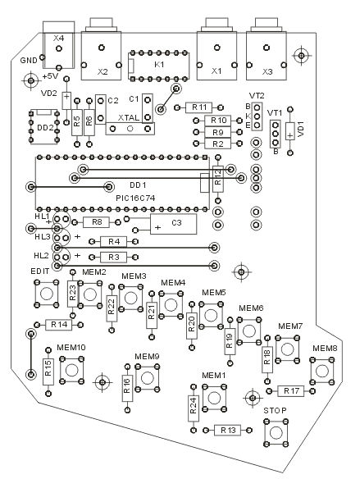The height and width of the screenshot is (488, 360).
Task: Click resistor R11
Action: pyautogui.click(x=198, y=107)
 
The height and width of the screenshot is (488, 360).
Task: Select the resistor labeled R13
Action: pyautogui.click(x=227, y=431)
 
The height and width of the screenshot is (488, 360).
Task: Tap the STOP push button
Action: pyautogui.click(x=276, y=432)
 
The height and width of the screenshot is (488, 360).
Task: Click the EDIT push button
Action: pyautogui.click(x=47, y=293)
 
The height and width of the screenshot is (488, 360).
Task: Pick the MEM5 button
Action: pyautogui.click(x=211, y=315)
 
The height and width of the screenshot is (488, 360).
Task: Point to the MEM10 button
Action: pyautogui.click(x=71, y=371)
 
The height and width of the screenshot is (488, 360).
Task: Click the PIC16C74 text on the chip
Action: pyautogui.click(x=135, y=198)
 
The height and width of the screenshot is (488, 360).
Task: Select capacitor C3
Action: pyautogui.click(x=173, y=224)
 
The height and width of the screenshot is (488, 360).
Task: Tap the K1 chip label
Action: pyautogui.click(x=159, y=65)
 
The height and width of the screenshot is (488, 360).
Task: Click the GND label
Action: pyautogui.click(x=29, y=61)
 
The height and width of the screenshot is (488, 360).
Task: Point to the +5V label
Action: pyautogui.click(x=50, y=76)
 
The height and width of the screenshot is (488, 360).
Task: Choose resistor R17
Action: pyautogui.click(x=290, y=391)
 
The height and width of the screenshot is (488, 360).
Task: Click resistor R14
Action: pyautogui.click(x=59, y=325)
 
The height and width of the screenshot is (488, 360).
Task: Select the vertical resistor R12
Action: pyautogui.click(x=218, y=179)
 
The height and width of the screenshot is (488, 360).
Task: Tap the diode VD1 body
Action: pyautogui.click(x=290, y=131)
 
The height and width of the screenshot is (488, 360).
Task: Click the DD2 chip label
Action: pyautogui.click(x=45, y=128)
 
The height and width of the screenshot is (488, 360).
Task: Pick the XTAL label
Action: pyautogui.click(x=129, y=118)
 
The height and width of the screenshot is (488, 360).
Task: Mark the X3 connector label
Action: pyautogui.click(x=267, y=72)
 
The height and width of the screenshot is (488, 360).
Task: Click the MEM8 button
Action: pyautogui.click(x=322, y=371)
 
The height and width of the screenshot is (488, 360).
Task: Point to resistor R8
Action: pyautogui.click(x=97, y=222)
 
